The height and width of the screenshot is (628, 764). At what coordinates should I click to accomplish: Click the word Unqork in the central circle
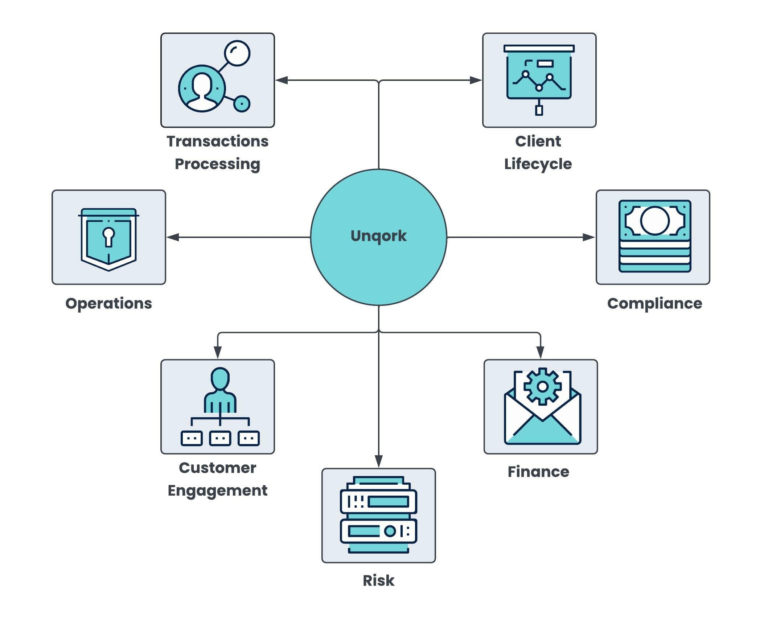[x=378, y=236]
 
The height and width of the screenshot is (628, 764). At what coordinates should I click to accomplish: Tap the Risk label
[x=378, y=580]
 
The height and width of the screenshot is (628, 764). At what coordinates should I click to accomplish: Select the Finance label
[x=538, y=472]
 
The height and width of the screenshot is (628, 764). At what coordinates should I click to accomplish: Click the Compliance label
[x=654, y=304]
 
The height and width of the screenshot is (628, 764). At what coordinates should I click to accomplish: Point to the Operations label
[x=108, y=304]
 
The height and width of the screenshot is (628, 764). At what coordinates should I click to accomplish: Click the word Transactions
[x=218, y=141]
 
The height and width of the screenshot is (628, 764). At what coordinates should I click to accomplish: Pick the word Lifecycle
[x=538, y=164]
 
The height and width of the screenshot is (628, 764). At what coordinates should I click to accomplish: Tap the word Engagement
[x=218, y=491]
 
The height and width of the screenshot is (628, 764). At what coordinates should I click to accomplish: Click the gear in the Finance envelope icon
[x=543, y=386]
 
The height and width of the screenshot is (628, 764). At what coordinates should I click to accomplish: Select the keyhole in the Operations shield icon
[x=108, y=237]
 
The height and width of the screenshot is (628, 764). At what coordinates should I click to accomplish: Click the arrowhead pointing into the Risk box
[x=379, y=461]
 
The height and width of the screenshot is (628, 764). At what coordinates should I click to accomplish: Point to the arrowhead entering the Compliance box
[x=588, y=237]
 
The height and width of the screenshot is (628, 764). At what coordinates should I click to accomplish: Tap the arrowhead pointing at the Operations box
[x=173, y=237]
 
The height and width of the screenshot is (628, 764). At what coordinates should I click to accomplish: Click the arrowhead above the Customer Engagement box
[x=218, y=352]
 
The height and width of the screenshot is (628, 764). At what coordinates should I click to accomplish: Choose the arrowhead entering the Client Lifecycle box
[x=476, y=80]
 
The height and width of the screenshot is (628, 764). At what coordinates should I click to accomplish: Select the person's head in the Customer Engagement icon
[x=220, y=379]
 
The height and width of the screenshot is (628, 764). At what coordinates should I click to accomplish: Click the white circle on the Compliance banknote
[x=655, y=221]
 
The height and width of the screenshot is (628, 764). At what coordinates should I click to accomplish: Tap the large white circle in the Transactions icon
[x=237, y=53]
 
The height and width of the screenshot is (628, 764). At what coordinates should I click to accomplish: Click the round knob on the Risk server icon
[x=390, y=531]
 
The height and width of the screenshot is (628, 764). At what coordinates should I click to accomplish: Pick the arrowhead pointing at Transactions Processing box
[x=282, y=80]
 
